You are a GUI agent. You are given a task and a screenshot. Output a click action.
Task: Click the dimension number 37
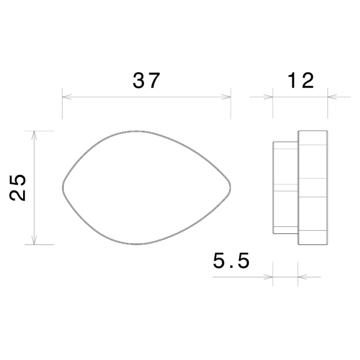point(147,80)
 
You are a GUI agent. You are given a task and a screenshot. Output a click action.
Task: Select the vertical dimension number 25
point(18,188)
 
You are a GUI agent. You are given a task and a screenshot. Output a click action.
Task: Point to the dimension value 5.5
point(231,260)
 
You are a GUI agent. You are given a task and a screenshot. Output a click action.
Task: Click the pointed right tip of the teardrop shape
point(230,188)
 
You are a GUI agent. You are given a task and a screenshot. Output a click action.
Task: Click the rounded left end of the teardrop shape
point(63,188)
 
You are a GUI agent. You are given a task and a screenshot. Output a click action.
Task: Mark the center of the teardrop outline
point(147,188)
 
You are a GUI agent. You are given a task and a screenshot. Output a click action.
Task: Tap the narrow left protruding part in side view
point(285,187)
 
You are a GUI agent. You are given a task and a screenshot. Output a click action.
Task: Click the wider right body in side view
point(313,188)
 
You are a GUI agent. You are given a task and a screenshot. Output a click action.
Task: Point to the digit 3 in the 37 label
point(139,80)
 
